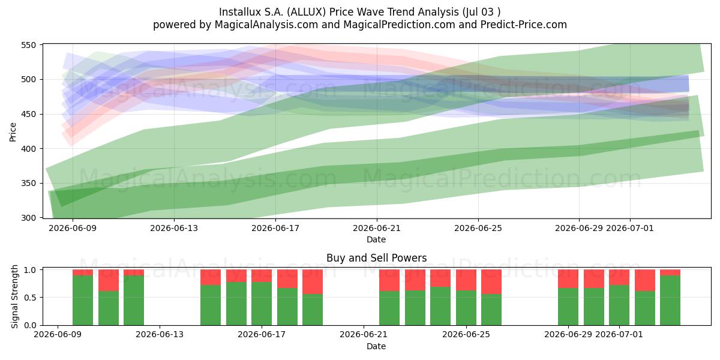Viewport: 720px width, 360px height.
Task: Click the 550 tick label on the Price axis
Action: [28, 45]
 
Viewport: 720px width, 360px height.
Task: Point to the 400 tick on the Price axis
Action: [28, 149]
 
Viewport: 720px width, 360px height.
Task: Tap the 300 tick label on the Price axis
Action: [28, 218]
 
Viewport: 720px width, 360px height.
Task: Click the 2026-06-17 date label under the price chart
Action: [275, 228]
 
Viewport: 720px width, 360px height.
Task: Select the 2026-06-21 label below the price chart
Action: [377, 228]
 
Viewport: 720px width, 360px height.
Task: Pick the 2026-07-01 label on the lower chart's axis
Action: [619, 335]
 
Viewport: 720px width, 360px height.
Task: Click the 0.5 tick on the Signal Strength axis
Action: [30, 298]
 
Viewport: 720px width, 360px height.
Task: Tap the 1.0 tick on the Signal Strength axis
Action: [30, 270]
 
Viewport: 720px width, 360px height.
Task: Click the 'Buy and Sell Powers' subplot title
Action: [376, 258]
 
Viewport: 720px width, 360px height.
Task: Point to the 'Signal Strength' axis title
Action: [14, 296]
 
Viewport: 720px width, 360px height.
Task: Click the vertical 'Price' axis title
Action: [13, 132]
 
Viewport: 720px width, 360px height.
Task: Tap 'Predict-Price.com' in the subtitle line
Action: [524, 25]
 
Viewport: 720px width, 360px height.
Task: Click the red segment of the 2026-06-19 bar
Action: [313, 282]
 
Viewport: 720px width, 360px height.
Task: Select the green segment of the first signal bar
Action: [83, 300]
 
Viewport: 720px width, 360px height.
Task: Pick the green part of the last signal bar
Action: [670, 300]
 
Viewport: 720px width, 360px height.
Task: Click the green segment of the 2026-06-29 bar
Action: [568, 307]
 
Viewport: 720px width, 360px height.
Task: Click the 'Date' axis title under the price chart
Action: [376, 239]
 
